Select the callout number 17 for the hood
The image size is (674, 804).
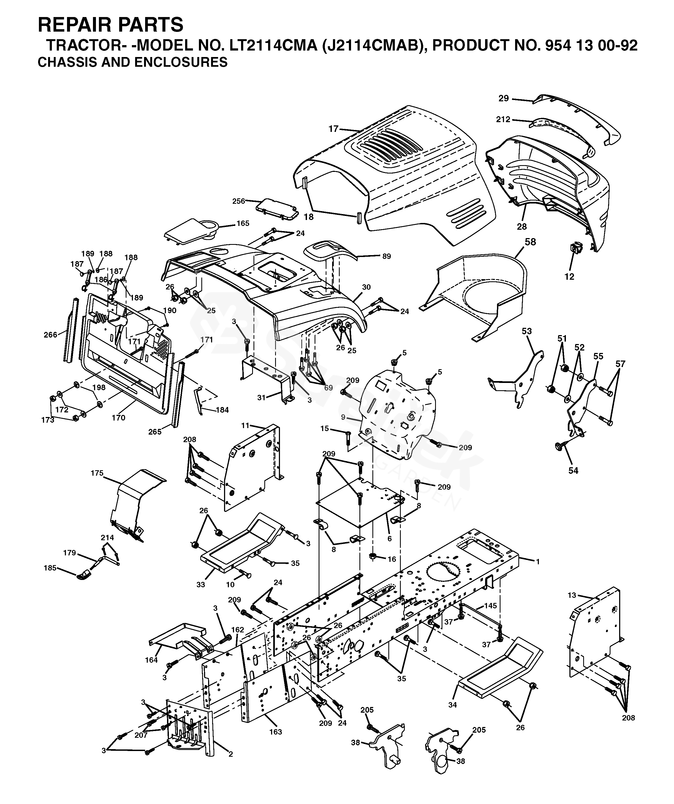click(333, 129)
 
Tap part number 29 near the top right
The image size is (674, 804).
click(503, 98)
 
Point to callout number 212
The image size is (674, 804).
click(503, 119)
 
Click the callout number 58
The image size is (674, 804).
click(530, 242)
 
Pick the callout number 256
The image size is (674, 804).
click(239, 201)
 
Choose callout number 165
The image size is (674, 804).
click(243, 223)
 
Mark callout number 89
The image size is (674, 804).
click(387, 256)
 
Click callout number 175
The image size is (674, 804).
click(97, 473)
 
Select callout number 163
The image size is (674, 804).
click(275, 732)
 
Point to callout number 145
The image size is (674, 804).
click(490, 606)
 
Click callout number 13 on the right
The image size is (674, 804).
click(572, 595)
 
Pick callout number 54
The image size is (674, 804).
click(573, 471)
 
